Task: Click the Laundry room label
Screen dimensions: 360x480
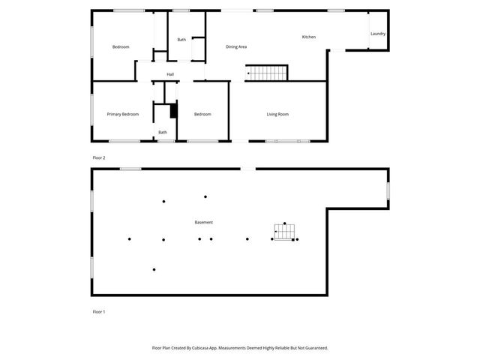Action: pos(378,34)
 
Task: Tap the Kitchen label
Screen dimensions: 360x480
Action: pos(309,37)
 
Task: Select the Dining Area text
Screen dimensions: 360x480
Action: pos(236,46)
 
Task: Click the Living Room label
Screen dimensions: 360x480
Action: pos(277,114)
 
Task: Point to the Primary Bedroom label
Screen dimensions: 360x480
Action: pos(123,114)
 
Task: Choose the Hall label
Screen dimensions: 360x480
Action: pos(170,74)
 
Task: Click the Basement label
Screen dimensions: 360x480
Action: pos(203,222)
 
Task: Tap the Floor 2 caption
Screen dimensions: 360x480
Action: pos(99,157)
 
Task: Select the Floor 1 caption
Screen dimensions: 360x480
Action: pos(99,311)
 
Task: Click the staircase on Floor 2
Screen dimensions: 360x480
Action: pos(267,73)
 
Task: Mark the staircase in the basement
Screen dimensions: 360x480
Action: pos(285,232)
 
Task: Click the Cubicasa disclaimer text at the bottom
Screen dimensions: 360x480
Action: pos(240,348)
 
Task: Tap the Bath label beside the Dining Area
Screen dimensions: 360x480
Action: pos(181,40)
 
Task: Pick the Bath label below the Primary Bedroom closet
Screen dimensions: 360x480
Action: pos(162,133)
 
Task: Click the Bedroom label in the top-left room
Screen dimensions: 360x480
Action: pos(121,46)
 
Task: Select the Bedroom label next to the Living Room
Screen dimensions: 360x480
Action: pos(202,114)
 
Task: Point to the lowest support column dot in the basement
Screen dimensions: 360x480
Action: pos(154,269)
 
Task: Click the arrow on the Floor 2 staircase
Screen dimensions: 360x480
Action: pos(249,73)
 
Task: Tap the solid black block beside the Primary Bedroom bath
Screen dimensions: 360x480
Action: pos(173,111)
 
